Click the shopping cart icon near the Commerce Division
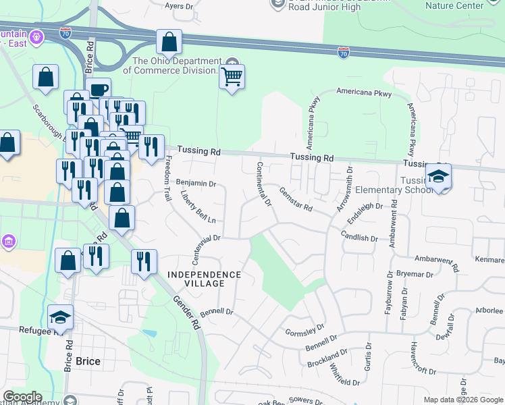coord(232,78)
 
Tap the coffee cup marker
coord(98,90)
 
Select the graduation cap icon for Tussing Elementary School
coord(439,178)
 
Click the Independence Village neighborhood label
coord(204,279)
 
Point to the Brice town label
coord(88,361)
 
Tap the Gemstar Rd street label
coord(296,200)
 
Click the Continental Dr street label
coord(263,184)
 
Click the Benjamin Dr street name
coord(196,183)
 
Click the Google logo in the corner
coord(22,397)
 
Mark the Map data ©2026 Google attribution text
coord(462,400)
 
